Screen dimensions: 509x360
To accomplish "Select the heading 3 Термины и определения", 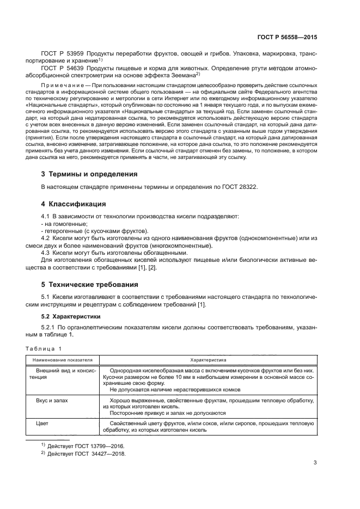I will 89,174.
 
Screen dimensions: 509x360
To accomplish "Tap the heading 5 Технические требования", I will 90,284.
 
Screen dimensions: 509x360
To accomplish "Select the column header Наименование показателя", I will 62,360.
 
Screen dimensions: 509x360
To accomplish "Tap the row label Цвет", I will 42,422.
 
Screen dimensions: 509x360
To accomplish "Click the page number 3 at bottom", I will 315,463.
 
